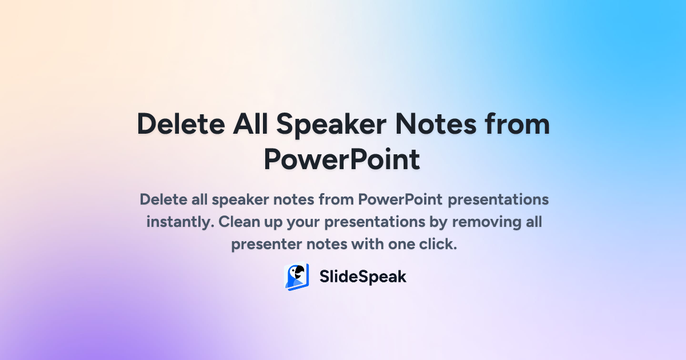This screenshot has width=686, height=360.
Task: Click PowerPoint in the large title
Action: click(x=342, y=159)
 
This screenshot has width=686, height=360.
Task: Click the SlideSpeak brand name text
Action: click(x=362, y=277)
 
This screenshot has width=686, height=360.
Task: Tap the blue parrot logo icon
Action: click(x=297, y=277)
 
